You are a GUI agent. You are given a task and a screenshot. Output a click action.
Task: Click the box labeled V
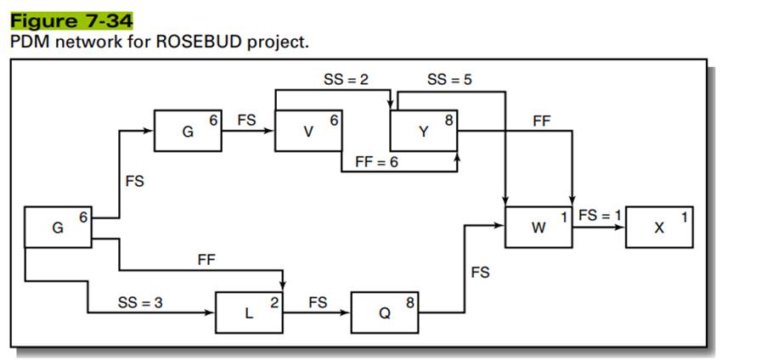point(308,132)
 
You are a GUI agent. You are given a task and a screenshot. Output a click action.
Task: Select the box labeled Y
point(424,132)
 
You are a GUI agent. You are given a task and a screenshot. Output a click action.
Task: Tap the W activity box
point(539,227)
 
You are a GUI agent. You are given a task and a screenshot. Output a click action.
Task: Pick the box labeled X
point(660,227)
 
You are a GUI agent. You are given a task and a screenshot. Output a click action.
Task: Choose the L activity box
point(248,312)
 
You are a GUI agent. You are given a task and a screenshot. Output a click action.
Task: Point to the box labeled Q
point(384,312)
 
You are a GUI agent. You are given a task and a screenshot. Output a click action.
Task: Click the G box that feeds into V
point(188,132)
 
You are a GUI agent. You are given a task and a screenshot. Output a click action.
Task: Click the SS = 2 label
point(345,79)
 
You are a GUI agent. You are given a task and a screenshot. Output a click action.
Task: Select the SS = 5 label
point(450,79)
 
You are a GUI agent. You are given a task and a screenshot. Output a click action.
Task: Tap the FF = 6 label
point(375,161)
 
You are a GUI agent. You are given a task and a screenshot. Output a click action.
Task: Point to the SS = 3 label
point(139,302)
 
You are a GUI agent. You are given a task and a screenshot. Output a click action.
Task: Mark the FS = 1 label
point(600,215)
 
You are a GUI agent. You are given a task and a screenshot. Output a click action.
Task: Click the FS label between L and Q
point(317,301)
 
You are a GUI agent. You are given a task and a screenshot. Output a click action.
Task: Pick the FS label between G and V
point(246,121)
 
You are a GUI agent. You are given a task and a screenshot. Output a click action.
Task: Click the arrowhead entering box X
point(622,228)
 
